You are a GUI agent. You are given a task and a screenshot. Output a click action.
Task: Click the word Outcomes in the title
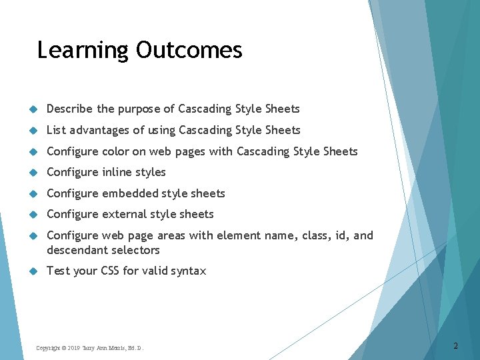point(189,50)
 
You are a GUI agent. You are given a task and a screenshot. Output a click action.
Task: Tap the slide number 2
point(455,345)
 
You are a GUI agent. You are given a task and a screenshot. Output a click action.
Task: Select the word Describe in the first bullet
point(70,109)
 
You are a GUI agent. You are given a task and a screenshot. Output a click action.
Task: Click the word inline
point(117,172)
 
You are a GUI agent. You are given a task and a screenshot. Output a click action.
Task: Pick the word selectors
point(137,250)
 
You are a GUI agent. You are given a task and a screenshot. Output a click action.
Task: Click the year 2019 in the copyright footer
point(73,348)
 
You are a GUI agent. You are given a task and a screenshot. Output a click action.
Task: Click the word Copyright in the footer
point(48,348)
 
